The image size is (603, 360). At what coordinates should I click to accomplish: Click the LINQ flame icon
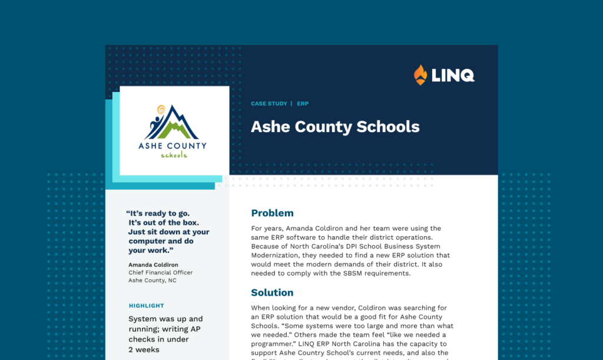click(x=420, y=75)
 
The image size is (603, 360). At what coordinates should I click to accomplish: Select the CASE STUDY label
click(x=269, y=104)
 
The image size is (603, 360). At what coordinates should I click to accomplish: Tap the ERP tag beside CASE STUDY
click(x=303, y=104)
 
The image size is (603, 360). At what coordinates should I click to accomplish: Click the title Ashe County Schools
click(x=335, y=127)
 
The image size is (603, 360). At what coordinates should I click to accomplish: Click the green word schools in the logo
click(x=174, y=155)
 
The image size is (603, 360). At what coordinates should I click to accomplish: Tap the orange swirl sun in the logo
click(x=161, y=110)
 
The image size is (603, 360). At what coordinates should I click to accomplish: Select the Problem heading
click(x=272, y=213)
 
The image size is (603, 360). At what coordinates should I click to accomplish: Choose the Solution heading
click(x=272, y=292)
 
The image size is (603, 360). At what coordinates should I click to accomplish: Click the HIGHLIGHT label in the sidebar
click(x=147, y=306)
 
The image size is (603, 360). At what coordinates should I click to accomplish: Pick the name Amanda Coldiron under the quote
click(x=153, y=265)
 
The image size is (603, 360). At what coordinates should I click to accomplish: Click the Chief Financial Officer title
click(x=160, y=273)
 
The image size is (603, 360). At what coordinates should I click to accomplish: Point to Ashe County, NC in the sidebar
click(x=152, y=280)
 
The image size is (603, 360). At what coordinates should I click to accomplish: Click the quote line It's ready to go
click(x=159, y=213)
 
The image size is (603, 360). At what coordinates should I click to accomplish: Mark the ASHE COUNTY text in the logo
click(x=173, y=146)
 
